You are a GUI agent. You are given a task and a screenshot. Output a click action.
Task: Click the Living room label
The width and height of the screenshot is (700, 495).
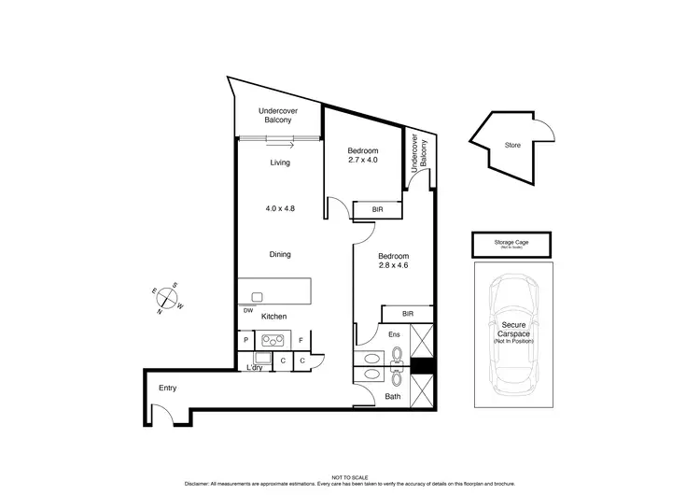point(280,163)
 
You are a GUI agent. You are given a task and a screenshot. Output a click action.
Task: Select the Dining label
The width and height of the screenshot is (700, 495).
point(280,254)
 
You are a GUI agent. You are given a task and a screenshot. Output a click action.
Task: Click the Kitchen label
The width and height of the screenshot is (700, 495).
point(273,317)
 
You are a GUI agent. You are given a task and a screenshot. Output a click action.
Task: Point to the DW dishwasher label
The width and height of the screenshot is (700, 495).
point(249,310)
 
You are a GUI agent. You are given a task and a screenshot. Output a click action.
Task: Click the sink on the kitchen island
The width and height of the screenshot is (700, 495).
point(257,297)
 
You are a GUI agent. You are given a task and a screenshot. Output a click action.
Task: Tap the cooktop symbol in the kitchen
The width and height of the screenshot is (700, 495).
point(274,341)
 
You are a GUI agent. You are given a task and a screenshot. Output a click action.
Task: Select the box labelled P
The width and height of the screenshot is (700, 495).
point(246,341)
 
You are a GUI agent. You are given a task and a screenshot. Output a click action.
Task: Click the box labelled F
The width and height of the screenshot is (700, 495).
point(301,341)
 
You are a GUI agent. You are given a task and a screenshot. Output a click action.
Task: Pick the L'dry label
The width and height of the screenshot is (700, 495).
point(255,367)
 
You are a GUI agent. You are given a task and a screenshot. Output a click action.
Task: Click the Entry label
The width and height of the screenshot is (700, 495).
point(168,388)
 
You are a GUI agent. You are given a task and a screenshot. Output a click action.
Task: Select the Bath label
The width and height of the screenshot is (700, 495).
point(393,397)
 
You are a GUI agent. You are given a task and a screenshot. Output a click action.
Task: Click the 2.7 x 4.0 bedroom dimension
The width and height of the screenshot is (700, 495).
point(363,161)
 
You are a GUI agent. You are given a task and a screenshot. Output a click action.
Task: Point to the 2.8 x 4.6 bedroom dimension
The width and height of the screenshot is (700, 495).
point(393,265)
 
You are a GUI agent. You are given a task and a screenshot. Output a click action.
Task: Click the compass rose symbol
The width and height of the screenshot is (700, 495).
point(168,299)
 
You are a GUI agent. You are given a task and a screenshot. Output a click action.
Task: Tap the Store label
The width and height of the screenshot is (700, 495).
point(512,145)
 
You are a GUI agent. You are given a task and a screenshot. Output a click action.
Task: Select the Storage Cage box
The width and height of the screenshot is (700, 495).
point(511,245)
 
